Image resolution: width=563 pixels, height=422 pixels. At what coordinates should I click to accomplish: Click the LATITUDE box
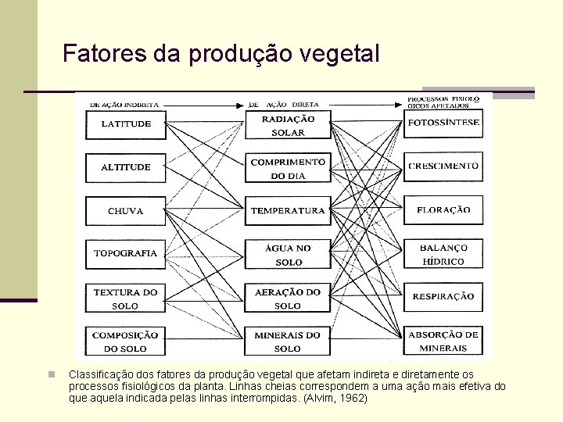click(126, 123)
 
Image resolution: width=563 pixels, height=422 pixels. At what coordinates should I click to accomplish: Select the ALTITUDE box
click(126, 166)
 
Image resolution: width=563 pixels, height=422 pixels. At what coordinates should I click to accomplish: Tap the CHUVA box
click(126, 210)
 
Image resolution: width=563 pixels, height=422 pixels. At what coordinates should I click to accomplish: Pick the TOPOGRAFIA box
click(126, 253)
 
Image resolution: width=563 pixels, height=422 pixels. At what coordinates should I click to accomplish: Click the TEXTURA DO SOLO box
click(126, 299)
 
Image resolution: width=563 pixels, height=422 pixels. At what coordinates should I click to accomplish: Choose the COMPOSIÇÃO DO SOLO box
click(126, 342)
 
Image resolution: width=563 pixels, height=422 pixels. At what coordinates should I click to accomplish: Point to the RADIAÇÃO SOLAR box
click(288, 125)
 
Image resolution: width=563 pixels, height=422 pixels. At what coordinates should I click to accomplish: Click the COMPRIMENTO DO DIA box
click(288, 168)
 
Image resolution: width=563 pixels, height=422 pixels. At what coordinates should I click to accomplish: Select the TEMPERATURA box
click(288, 210)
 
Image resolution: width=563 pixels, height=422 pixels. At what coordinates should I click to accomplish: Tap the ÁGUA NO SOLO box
click(288, 255)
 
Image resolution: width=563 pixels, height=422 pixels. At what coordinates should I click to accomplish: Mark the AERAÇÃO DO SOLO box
click(288, 299)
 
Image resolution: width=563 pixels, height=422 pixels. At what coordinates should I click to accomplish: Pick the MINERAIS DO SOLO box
click(288, 342)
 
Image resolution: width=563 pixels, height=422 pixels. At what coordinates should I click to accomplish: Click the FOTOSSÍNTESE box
click(443, 123)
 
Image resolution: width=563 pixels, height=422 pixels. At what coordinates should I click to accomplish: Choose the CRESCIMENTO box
click(443, 166)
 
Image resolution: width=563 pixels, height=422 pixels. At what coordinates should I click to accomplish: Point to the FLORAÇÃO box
click(443, 210)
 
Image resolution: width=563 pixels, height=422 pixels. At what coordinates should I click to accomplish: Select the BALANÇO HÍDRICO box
click(443, 254)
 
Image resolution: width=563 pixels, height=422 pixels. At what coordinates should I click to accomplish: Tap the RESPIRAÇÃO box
click(443, 297)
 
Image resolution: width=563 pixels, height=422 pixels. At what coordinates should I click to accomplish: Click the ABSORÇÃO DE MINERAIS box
click(443, 342)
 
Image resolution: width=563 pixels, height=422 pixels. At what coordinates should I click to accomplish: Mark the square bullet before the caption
click(48, 375)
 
